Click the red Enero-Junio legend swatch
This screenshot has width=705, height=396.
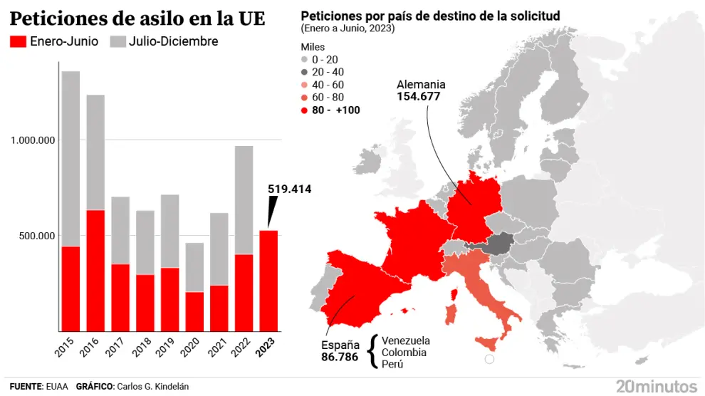click(18, 41)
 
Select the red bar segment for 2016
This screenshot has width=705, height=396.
click(95, 271)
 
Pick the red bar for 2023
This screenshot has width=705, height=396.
click(268, 281)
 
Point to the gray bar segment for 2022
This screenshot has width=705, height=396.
click(244, 199)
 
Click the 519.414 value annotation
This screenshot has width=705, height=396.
click(290, 189)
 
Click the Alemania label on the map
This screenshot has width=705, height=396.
click(421, 83)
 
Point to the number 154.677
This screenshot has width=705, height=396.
click(419, 96)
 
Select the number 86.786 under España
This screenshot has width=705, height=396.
click(340, 358)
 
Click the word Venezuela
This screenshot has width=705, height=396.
click(406, 340)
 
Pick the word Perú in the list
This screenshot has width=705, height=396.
click(392, 364)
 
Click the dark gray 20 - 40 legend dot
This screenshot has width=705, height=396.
click(305, 72)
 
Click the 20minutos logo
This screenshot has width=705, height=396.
click(657, 385)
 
